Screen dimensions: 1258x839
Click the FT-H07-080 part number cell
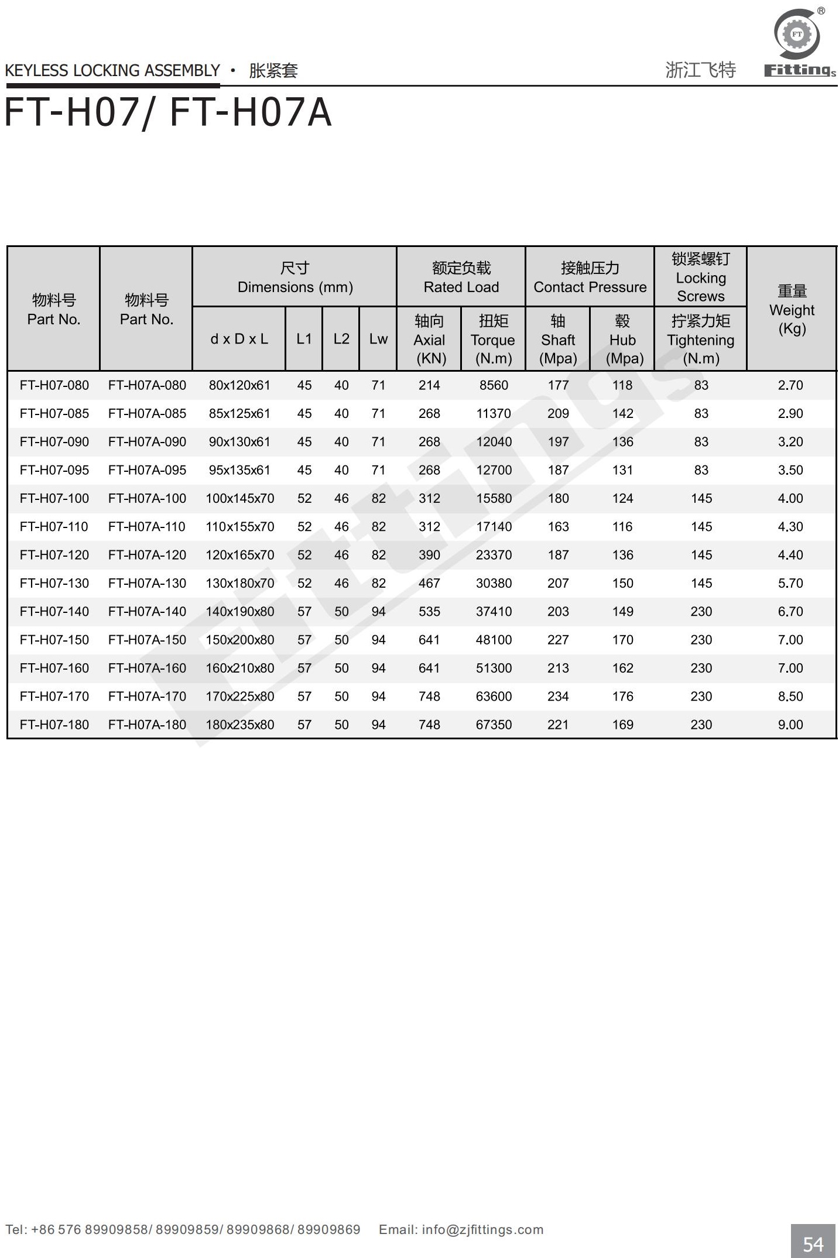[54, 385]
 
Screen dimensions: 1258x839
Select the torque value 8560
[494, 385]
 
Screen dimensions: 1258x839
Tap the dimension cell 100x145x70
[239, 498]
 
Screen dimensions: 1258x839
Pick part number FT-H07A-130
[147, 583]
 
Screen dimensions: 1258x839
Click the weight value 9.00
[790, 725]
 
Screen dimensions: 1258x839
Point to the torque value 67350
[494, 725]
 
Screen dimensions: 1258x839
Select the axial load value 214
[429, 385]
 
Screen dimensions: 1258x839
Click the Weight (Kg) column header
[792, 309]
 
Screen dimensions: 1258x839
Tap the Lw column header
[378, 339]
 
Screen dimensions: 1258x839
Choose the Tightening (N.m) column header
[700, 340]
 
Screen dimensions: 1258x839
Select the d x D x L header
[239, 339]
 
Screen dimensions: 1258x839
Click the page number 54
[813, 1243]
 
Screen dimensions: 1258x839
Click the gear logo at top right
[797, 34]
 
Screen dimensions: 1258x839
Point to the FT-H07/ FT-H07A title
[168, 112]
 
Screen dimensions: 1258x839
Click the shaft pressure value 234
[558, 697]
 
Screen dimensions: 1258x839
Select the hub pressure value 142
[622, 413]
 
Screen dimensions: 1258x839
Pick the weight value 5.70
[790, 583]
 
